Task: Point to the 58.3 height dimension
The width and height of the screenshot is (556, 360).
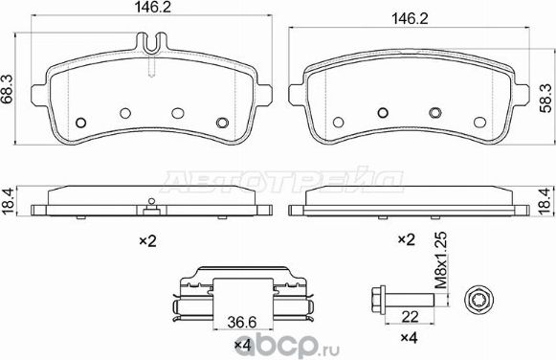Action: pyautogui.click(x=545, y=95)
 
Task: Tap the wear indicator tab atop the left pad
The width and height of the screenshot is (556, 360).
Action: pyautogui.click(x=151, y=43)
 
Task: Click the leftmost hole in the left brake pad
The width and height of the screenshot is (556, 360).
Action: pyautogui.click(x=81, y=122)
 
